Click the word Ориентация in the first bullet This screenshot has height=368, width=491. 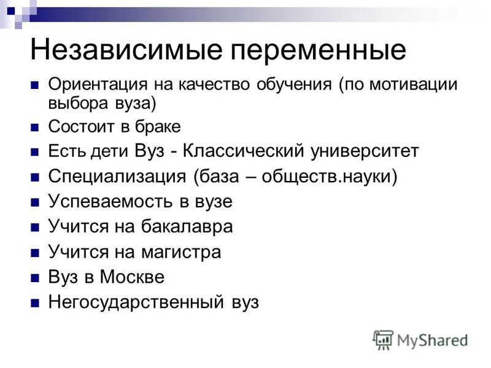(x=98, y=85)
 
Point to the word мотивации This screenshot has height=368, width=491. (x=413, y=85)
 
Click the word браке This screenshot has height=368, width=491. (x=158, y=126)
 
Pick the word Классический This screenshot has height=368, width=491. (x=243, y=151)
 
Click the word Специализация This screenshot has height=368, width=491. (x=117, y=177)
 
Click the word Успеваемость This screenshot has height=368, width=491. (x=110, y=202)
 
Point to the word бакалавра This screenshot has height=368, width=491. (x=187, y=226)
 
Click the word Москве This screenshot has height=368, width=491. (x=132, y=277)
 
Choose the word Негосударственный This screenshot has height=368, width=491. (x=136, y=302)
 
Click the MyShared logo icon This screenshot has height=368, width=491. (x=383, y=340)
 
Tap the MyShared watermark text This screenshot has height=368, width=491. (x=433, y=341)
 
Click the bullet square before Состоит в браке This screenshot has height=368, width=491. (x=35, y=128)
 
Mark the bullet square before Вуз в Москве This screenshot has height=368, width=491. (x=35, y=278)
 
